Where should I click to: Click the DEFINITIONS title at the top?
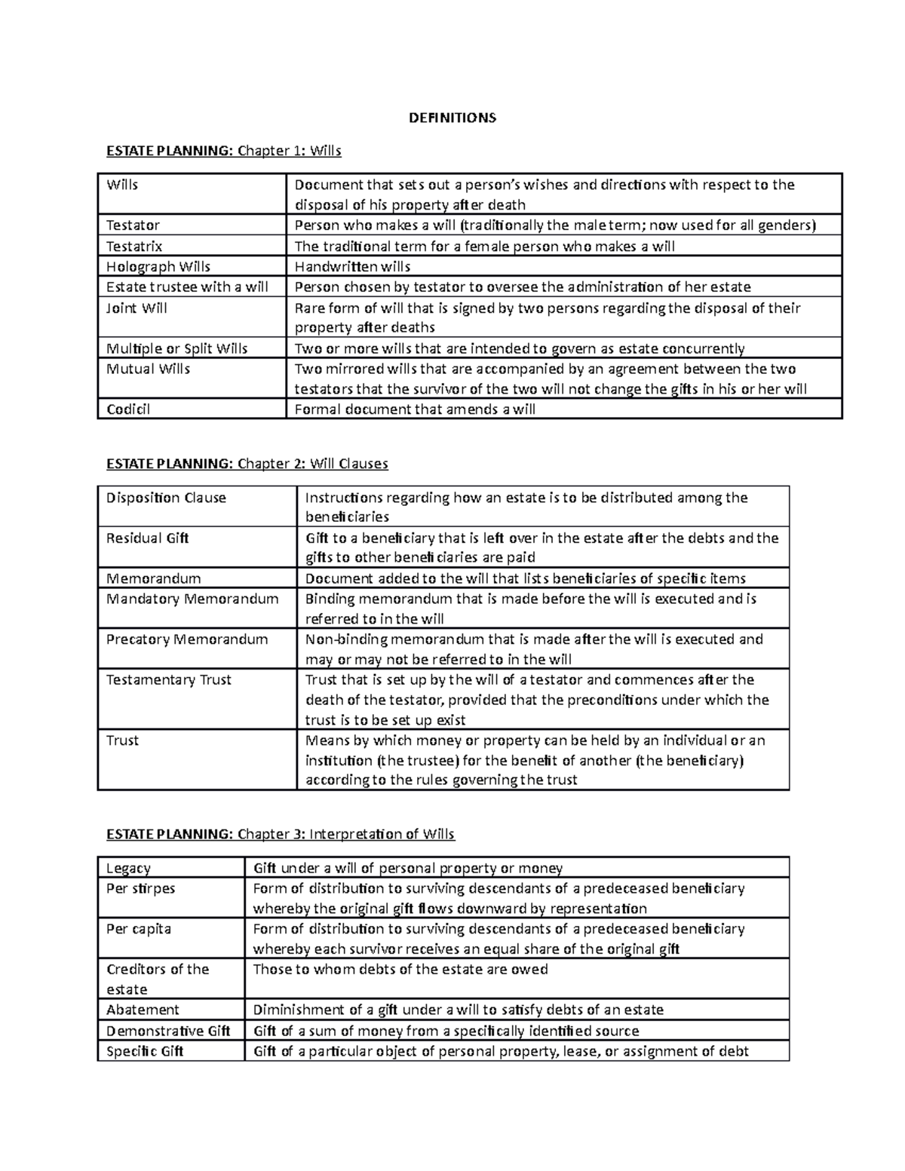pyautogui.click(x=452, y=118)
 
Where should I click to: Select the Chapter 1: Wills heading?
pyautogui.click(x=224, y=151)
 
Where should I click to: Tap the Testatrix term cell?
pyautogui.click(x=134, y=246)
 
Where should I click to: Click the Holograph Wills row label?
pyautogui.click(x=158, y=266)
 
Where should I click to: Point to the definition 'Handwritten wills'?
pyautogui.click(x=352, y=266)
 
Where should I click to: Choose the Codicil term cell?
pyautogui.click(x=128, y=409)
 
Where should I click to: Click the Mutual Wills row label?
pyautogui.click(x=148, y=369)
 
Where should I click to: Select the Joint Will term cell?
pyautogui.click(x=137, y=308)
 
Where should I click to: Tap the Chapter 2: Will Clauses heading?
pyautogui.click(x=247, y=464)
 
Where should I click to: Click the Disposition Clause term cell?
pyautogui.click(x=166, y=498)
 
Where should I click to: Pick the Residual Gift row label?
pyautogui.click(x=147, y=538)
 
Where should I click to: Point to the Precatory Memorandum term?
pyautogui.click(x=187, y=639)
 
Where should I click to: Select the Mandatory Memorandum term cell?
pyautogui.click(x=192, y=599)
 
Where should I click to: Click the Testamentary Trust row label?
pyautogui.click(x=169, y=679)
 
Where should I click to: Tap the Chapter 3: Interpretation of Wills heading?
pyautogui.click(x=281, y=834)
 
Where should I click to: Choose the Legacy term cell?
pyautogui.click(x=128, y=868)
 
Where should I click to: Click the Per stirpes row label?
pyautogui.click(x=140, y=888)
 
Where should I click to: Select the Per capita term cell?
pyautogui.click(x=139, y=928)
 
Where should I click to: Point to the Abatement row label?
pyautogui.click(x=143, y=1010)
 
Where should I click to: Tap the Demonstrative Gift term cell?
pyautogui.click(x=168, y=1031)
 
